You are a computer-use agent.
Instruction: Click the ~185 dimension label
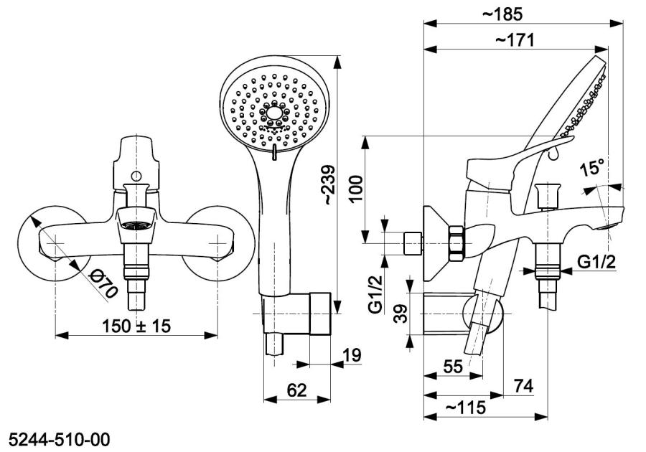coord(502,14)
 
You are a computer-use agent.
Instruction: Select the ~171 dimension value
coord(515,40)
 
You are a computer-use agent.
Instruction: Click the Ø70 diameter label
coord(103,284)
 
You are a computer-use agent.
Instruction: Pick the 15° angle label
coord(591,168)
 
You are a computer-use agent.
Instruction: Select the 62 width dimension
coord(296,390)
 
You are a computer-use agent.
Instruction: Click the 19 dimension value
coord(352,354)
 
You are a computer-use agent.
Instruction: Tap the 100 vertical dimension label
coord(356,189)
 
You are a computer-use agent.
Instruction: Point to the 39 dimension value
coord(399,314)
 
